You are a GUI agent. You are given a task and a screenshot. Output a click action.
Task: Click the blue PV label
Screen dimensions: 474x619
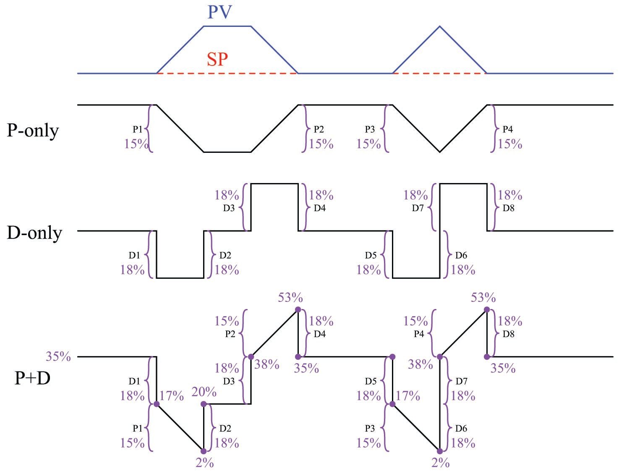219,13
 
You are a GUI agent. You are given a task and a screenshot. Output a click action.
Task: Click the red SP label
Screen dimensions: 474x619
217,59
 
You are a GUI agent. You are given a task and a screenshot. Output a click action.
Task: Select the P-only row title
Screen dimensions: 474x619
33,131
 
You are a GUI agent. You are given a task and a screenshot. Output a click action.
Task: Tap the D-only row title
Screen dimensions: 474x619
34,233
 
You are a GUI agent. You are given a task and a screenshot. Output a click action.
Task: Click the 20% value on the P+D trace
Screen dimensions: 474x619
204,392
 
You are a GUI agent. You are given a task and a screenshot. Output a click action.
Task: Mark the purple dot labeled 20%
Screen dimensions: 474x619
204,404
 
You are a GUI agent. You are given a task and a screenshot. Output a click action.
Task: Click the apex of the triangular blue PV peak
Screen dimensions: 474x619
440,26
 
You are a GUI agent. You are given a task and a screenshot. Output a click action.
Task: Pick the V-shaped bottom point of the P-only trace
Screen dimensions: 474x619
440,152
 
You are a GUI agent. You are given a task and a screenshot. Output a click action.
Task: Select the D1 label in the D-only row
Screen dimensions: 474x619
134,255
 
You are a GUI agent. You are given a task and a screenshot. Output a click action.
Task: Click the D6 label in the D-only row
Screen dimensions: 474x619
461,255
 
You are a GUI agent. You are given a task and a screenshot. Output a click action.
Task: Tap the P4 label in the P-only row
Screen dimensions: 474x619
508,129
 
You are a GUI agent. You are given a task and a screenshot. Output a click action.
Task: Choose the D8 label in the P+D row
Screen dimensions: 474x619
508,334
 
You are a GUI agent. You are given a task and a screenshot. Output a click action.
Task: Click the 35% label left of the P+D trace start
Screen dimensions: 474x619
58,356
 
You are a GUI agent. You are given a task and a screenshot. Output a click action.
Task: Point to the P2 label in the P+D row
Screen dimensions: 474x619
230,334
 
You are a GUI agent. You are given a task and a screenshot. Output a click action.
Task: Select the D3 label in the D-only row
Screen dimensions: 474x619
228,208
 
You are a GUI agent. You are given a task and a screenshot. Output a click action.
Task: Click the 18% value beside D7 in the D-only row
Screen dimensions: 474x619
415,195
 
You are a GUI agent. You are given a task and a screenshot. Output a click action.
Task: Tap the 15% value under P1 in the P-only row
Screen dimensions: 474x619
136,144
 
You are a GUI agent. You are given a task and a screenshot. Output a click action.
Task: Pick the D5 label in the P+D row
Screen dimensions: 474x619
371,381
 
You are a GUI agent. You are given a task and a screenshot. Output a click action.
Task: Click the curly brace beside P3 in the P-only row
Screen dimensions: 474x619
386,128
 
